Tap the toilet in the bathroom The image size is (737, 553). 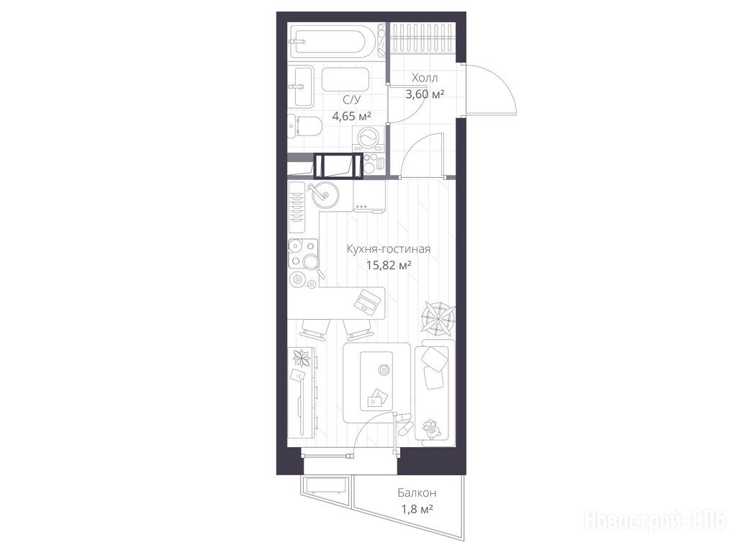coord(304,126)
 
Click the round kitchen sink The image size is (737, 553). coord(322,193)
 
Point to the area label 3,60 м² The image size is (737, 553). coord(425,94)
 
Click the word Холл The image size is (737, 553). coord(425,78)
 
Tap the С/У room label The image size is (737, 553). coord(351,99)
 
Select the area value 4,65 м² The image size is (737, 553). coord(352,116)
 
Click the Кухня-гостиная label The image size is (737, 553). coord(389,248)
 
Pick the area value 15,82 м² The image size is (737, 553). coord(389,265)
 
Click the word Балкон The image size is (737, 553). coord(417,493)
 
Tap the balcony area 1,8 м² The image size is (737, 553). coord(417,509)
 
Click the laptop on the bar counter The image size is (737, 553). coord(366,300)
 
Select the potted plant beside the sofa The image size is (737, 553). coord(438,318)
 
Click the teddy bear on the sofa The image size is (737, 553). coord(432,428)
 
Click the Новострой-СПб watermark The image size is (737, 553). coord(655,521)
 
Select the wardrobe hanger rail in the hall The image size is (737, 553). coord(422,38)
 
